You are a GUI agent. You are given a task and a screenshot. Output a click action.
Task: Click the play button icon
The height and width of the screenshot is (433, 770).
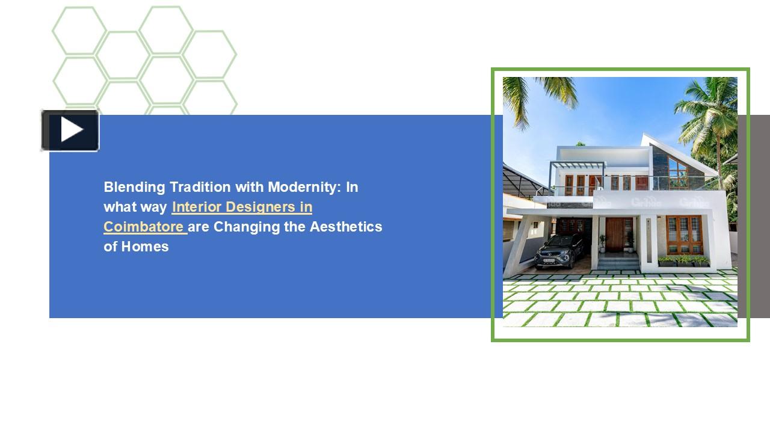[x=70, y=131]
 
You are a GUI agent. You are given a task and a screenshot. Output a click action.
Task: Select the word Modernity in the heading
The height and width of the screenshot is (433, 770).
[x=304, y=187]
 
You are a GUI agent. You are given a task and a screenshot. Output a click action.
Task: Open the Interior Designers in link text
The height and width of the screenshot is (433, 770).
[x=242, y=207]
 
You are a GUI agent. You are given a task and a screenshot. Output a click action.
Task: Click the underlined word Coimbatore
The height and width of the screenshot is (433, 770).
[x=144, y=227]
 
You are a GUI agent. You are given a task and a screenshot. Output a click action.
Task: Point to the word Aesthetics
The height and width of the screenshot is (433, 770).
[x=346, y=227]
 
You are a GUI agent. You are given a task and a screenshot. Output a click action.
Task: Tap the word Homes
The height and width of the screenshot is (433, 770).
[x=145, y=247]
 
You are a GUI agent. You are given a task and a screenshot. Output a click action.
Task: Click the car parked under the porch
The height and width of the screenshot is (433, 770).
[x=560, y=251]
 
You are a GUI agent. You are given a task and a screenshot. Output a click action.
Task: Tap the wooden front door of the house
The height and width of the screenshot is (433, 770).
[x=615, y=235]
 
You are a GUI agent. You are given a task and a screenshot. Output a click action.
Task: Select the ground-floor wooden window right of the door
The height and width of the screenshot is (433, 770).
[x=685, y=235]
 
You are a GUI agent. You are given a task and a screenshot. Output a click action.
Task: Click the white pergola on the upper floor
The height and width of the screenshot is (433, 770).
[x=578, y=168]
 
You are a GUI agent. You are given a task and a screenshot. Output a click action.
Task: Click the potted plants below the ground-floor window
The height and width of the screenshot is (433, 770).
[x=683, y=261]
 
